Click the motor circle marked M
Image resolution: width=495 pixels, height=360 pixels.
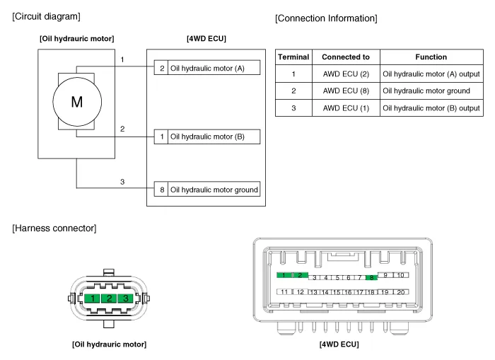tap(76, 101)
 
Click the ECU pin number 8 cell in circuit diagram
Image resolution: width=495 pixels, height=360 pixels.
tap(162, 190)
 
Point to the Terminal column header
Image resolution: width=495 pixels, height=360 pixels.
tap(293, 57)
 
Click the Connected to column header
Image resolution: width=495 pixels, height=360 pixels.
tap(345, 57)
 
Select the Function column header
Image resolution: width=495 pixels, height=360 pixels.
tap(431, 57)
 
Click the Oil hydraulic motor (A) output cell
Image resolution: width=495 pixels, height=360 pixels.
tap(431, 74)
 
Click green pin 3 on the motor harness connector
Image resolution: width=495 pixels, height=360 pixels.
tap(125, 299)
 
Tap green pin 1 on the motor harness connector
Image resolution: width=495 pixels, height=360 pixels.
tap(93, 299)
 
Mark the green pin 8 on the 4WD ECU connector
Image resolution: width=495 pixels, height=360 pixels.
tap(370, 278)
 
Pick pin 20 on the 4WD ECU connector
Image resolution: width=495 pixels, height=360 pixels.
tap(401, 291)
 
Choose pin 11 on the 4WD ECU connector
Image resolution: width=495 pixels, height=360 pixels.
tap(284, 291)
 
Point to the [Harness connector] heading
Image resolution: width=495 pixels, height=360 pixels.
tap(54, 228)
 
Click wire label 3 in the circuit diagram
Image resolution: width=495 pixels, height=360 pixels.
tap(122, 182)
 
